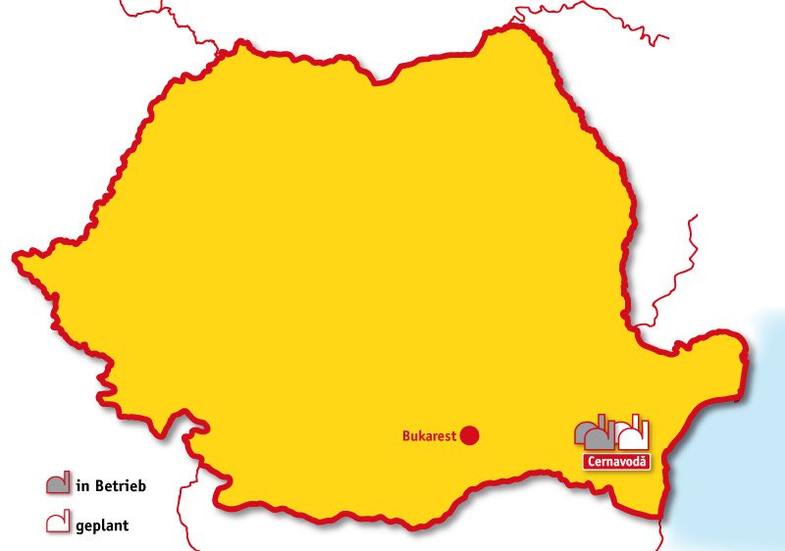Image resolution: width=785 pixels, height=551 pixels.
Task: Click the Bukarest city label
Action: pos(430,436)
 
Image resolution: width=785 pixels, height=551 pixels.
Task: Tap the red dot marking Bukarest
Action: pos(470,435)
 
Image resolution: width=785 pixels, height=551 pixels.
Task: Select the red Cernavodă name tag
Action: pos(616,462)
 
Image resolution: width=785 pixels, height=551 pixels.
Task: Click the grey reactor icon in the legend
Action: pos(58,483)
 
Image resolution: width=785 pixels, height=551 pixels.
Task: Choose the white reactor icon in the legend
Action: pos(58,524)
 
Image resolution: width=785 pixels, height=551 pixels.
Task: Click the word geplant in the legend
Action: pos(102,526)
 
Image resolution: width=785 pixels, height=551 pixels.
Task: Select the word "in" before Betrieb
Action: pos(80,484)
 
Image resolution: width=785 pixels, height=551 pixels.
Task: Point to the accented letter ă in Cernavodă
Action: pos(644,462)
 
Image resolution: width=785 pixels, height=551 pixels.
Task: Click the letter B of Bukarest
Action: pos(406,436)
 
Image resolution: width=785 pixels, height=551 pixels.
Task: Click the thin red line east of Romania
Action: pos(677,275)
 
